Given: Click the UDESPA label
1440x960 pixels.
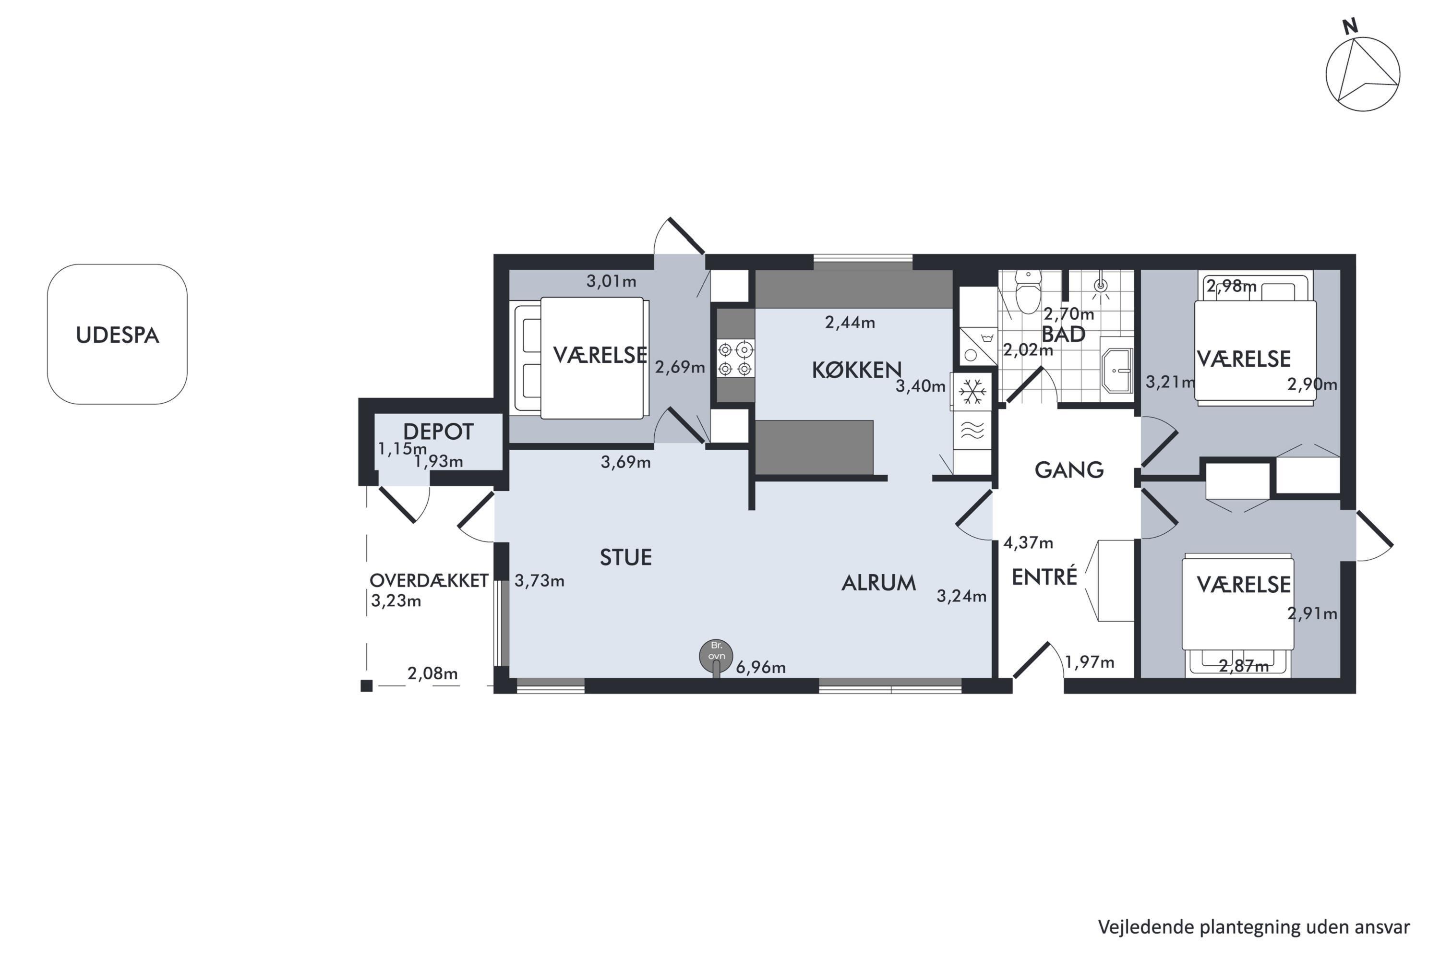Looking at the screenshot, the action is (118, 336).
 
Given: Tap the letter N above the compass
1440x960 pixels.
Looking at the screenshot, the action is (1350, 26).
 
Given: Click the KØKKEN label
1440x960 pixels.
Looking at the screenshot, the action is (856, 370).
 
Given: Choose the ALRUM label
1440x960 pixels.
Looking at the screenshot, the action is (878, 583).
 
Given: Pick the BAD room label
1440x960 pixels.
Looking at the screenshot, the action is (1064, 334).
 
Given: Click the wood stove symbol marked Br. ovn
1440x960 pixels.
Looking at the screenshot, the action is (716, 656).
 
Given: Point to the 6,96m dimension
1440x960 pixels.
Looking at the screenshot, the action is (760, 667).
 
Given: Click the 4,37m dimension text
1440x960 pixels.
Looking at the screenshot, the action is (1028, 542).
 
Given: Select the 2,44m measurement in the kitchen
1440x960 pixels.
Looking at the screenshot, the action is (850, 323).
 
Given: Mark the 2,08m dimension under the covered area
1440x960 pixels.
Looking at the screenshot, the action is (432, 673).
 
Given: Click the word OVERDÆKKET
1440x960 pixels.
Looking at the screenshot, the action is (429, 580).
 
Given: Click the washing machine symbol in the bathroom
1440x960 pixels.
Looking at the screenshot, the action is (978, 347).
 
